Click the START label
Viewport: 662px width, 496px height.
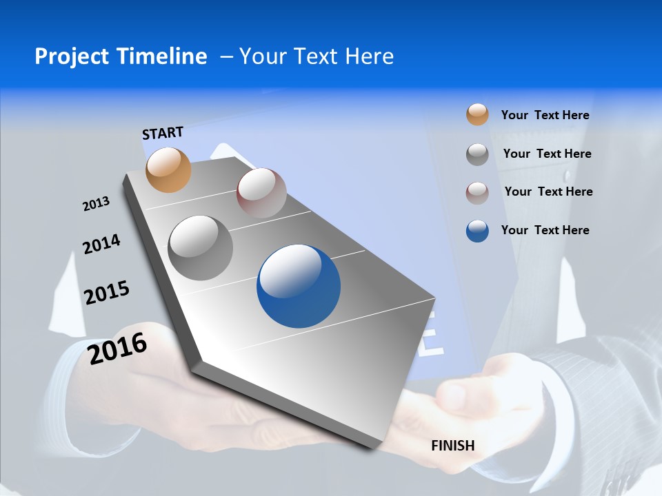click(163, 133)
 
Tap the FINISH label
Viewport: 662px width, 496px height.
click(452, 446)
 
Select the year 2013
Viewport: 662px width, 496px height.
click(96, 204)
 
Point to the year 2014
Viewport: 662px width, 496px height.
click(101, 244)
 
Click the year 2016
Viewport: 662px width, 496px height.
click(117, 347)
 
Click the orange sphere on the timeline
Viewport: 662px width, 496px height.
click(168, 169)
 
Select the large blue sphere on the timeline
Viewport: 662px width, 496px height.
click(299, 286)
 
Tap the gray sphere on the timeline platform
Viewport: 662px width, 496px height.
click(200, 247)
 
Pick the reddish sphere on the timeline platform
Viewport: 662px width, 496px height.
click(261, 192)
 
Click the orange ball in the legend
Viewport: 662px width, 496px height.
click(477, 114)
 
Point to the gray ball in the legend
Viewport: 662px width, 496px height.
click(477, 154)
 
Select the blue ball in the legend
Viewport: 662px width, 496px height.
click(477, 231)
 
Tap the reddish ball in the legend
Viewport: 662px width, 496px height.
click(477, 193)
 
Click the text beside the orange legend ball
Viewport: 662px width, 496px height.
click(545, 115)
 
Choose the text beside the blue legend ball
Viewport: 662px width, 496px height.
click(545, 230)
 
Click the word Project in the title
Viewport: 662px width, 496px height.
click(71, 56)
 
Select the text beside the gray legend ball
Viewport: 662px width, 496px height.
click(547, 154)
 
